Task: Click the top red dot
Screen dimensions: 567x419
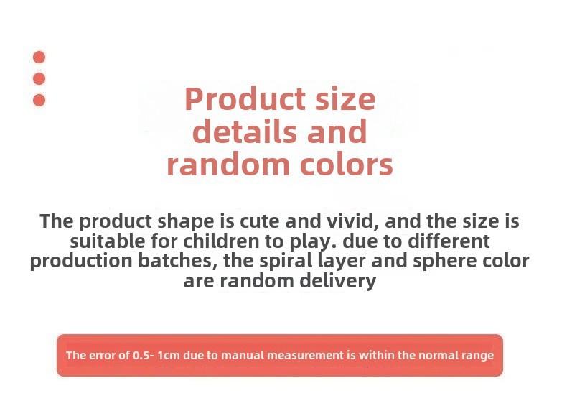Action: point(39,57)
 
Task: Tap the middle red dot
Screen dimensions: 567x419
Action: point(39,78)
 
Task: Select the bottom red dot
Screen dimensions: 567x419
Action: point(39,101)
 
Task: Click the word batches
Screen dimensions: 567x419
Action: point(177,261)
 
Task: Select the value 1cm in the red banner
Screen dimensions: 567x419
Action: point(169,355)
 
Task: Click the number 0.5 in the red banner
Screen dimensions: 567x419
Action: point(141,355)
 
